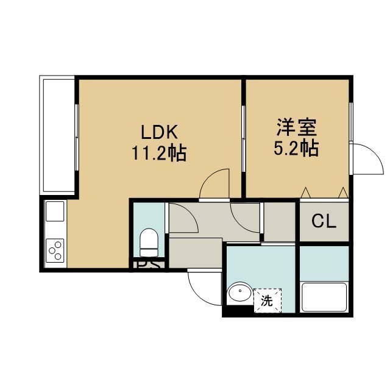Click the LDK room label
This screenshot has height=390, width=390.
click(x=160, y=132)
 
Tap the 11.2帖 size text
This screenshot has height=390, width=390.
click(x=159, y=153)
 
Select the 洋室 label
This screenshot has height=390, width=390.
click(x=297, y=127)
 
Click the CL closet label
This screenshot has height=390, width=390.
click(x=324, y=221)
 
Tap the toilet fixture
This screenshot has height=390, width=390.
click(x=149, y=243)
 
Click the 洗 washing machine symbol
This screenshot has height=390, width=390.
click(x=268, y=300)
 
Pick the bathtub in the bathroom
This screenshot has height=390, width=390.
click(x=324, y=297)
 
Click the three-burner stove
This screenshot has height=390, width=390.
click(x=55, y=250)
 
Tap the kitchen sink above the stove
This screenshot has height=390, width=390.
click(x=55, y=211)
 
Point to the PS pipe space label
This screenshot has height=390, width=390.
click(x=149, y=264)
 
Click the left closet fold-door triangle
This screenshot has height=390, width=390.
click(x=305, y=193)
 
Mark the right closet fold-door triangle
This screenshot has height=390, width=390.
click(x=343, y=193)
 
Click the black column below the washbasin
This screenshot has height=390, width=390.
click(x=238, y=311)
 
